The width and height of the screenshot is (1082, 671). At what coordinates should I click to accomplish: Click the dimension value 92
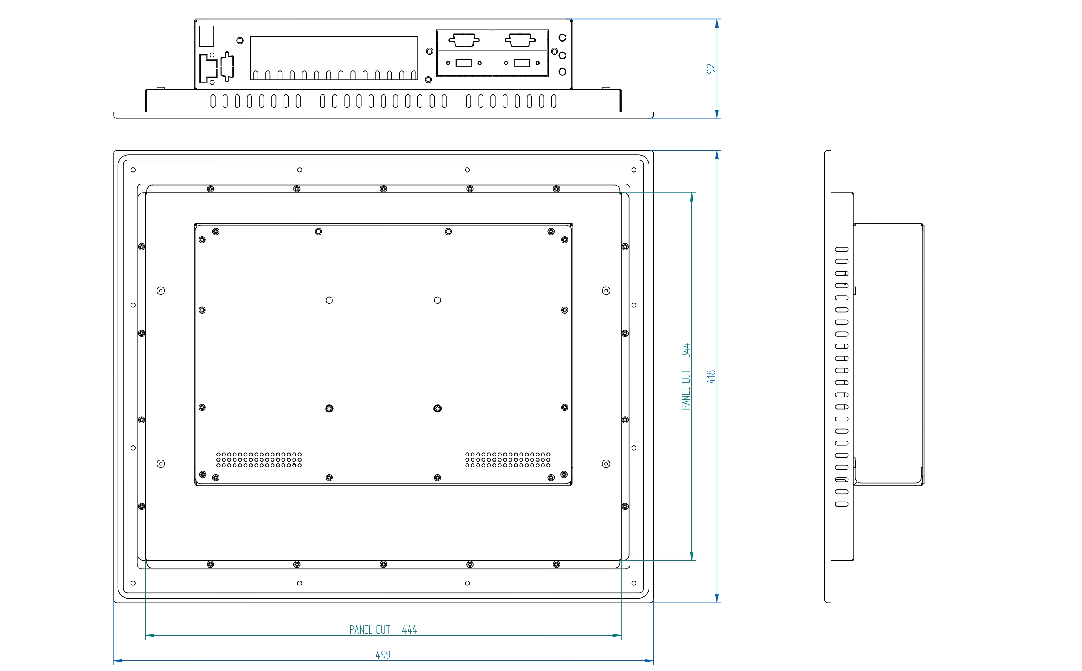click(711, 69)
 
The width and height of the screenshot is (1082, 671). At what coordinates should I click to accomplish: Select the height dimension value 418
click(711, 377)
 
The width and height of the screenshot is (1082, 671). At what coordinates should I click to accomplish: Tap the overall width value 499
click(383, 655)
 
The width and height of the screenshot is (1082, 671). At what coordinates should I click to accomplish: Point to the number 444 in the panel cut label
click(409, 630)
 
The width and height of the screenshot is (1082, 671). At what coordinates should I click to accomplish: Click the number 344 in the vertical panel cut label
click(686, 350)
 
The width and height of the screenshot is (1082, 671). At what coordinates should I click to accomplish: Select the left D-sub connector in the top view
click(464, 40)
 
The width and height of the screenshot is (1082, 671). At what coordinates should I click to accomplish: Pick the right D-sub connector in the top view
click(520, 40)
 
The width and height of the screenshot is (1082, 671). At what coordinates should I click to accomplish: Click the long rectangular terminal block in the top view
click(333, 58)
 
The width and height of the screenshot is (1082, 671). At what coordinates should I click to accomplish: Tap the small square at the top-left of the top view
click(207, 36)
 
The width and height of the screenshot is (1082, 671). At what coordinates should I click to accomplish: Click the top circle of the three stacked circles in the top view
click(562, 38)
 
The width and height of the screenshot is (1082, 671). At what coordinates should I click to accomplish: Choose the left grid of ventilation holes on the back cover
click(259, 460)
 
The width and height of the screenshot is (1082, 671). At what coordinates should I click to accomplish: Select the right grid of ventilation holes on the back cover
click(508, 460)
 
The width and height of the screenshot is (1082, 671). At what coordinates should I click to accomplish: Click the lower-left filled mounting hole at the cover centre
click(329, 408)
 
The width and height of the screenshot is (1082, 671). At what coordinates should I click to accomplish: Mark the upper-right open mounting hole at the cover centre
click(437, 300)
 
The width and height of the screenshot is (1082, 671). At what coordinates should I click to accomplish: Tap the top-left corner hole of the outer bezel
click(133, 170)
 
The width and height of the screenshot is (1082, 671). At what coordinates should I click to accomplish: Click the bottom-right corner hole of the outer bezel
click(634, 583)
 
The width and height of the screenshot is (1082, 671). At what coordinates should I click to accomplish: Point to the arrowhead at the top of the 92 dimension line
click(717, 24)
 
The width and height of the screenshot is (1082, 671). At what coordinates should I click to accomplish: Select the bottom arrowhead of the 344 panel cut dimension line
click(691, 556)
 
